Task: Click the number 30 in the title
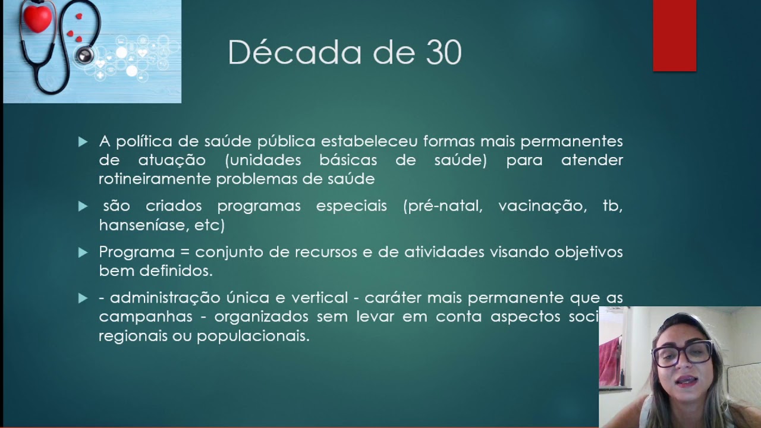[x=444, y=53]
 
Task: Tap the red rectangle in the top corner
[x=674, y=36]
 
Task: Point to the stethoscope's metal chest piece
[x=84, y=56]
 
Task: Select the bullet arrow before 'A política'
[x=83, y=142]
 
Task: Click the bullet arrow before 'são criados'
[x=83, y=207]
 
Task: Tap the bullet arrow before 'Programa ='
[x=83, y=253]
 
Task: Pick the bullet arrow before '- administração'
[x=83, y=298]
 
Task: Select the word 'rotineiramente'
[x=155, y=179]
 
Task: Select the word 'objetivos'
[x=589, y=252]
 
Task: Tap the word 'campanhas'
[x=146, y=317]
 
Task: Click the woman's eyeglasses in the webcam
[x=682, y=353]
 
